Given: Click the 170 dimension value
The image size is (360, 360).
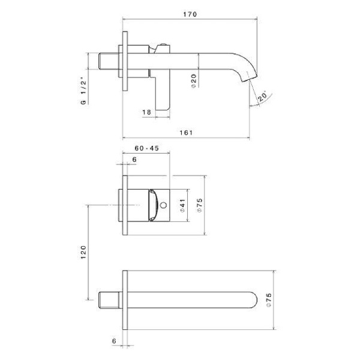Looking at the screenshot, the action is pos(190,14).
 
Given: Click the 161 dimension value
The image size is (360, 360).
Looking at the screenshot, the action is pos(186,133).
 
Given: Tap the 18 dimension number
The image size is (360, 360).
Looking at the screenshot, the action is pos(147,112).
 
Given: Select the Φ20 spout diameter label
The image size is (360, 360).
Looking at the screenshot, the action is pos(194,81).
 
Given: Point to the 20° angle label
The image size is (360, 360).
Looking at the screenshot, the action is pos(262,96).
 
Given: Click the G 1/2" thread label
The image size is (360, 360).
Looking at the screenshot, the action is pos(83,92).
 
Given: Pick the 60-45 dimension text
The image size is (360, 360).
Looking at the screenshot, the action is pos(147,148).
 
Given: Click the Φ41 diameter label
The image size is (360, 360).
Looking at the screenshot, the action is pos(182,205).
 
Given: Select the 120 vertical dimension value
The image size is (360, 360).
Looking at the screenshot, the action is pos(83,253).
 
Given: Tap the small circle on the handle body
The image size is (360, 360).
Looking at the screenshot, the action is pos(163,205).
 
